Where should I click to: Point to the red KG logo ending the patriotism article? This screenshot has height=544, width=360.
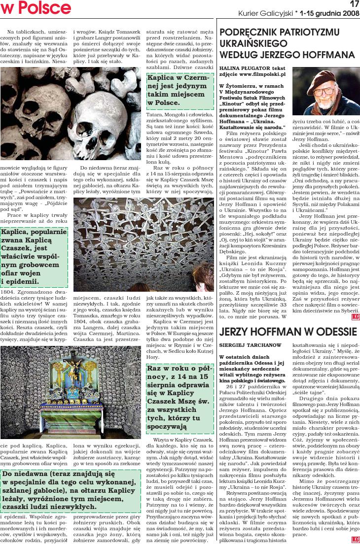[355, 317]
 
